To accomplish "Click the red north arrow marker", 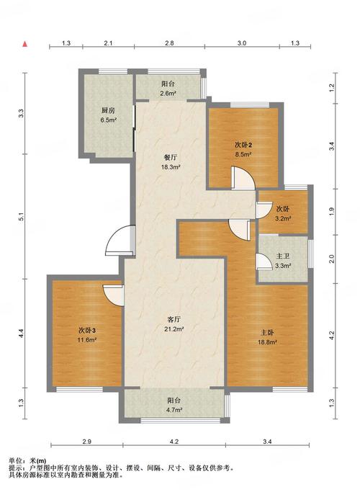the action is pyautogui.click(x=24, y=44).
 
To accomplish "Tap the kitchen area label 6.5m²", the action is pyautogui.click(x=108, y=120).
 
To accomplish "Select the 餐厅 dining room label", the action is pyautogui.click(x=170, y=158).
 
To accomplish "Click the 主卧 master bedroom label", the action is pyautogui.click(x=267, y=332).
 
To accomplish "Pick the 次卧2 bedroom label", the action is pyautogui.click(x=243, y=145).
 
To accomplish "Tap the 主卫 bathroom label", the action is pyautogui.click(x=282, y=256).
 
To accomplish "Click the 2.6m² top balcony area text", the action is pyautogui.click(x=168, y=93).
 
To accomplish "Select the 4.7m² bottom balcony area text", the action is pyautogui.click(x=175, y=410).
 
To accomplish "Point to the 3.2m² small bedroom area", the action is pyautogui.click(x=283, y=219).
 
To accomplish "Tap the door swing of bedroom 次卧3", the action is pyautogui.click(x=113, y=295).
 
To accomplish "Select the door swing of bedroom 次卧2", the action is pyautogui.click(x=243, y=178).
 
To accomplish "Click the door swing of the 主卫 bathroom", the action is pyautogui.click(x=264, y=261).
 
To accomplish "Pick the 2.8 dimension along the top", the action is pyautogui.click(x=169, y=43).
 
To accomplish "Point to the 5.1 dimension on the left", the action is pyautogui.click(x=21, y=217).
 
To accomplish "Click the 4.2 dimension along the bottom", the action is pyautogui.click(x=174, y=442).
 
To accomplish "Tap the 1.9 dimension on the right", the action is pyautogui.click(x=332, y=212).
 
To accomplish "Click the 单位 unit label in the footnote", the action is pyautogui.click(x=15, y=461).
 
